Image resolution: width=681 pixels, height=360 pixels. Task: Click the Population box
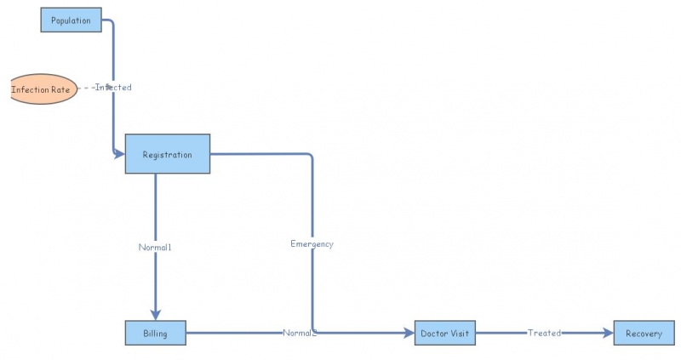[71, 20]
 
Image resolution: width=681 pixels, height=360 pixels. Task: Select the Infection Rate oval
[43, 89]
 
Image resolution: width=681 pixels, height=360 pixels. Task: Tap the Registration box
[167, 154]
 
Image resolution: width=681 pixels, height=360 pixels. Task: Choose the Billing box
[155, 334]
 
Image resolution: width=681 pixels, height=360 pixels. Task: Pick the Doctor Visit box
[444, 334]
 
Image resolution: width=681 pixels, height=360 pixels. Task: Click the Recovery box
[644, 334]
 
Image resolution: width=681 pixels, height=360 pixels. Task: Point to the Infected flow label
[113, 88]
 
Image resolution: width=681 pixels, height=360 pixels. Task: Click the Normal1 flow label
[155, 247]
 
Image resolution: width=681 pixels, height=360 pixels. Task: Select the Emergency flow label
[312, 244]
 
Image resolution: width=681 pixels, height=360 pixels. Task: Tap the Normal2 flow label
[300, 334]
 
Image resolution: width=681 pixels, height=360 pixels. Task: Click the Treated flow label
[544, 334]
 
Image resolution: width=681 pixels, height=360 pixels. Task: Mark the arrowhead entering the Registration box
[119, 154]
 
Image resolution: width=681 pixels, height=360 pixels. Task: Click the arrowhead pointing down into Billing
[155, 314]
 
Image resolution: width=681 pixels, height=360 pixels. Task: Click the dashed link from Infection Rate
[85, 88]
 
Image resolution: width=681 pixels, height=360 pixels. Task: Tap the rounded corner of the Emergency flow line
[310, 157]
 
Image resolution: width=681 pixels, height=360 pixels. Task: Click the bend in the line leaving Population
[111, 22]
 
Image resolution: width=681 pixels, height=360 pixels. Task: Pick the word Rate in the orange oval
[60, 89]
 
